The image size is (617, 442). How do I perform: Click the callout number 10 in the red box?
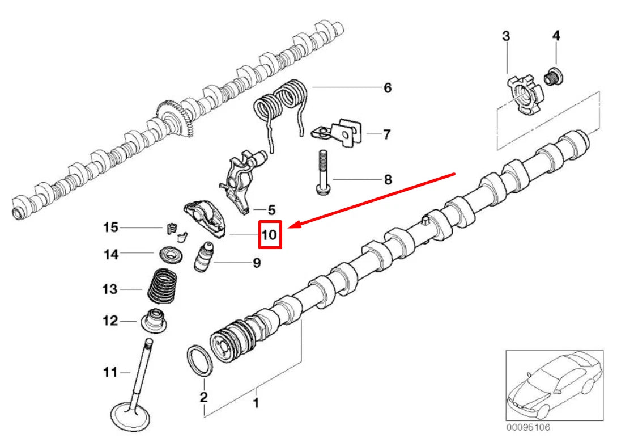270,234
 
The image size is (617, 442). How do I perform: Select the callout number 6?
387,88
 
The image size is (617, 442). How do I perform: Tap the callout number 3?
506,36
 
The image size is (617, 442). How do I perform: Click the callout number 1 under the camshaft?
256,403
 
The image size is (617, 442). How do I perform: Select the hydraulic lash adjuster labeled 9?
205,258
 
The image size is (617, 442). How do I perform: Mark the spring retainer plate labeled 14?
168,253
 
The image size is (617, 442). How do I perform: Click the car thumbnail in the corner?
554,386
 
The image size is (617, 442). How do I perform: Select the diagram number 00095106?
527,427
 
